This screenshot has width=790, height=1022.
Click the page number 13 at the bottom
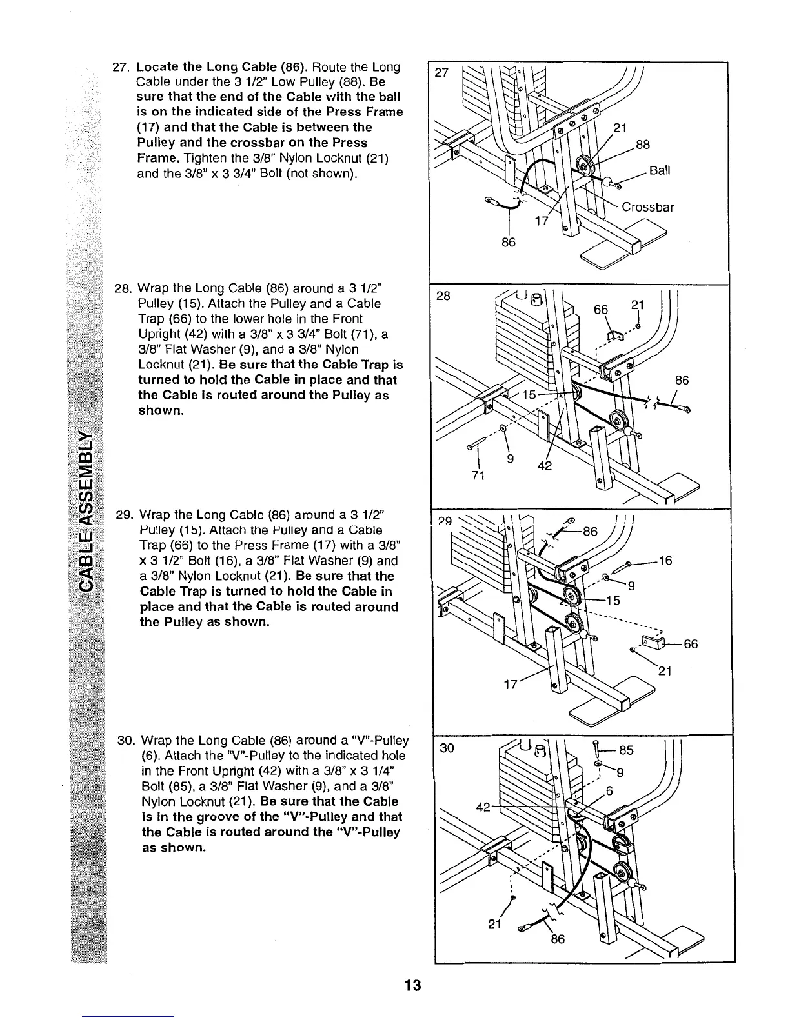point(412,985)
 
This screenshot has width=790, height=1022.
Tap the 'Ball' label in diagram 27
point(660,170)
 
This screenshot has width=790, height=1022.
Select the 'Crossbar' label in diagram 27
point(647,207)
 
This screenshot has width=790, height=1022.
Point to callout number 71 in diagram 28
point(478,476)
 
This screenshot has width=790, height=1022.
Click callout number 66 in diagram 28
point(601,310)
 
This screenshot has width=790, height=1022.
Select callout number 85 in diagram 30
point(626,750)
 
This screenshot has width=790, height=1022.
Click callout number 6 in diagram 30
point(609,791)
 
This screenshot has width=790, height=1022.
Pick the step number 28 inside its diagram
point(445,296)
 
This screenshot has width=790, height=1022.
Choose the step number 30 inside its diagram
point(447,748)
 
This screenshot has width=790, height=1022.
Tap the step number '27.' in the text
point(121,67)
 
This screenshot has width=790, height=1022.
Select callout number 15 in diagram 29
point(612,601)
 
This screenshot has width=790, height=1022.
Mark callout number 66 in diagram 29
point(691,644)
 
